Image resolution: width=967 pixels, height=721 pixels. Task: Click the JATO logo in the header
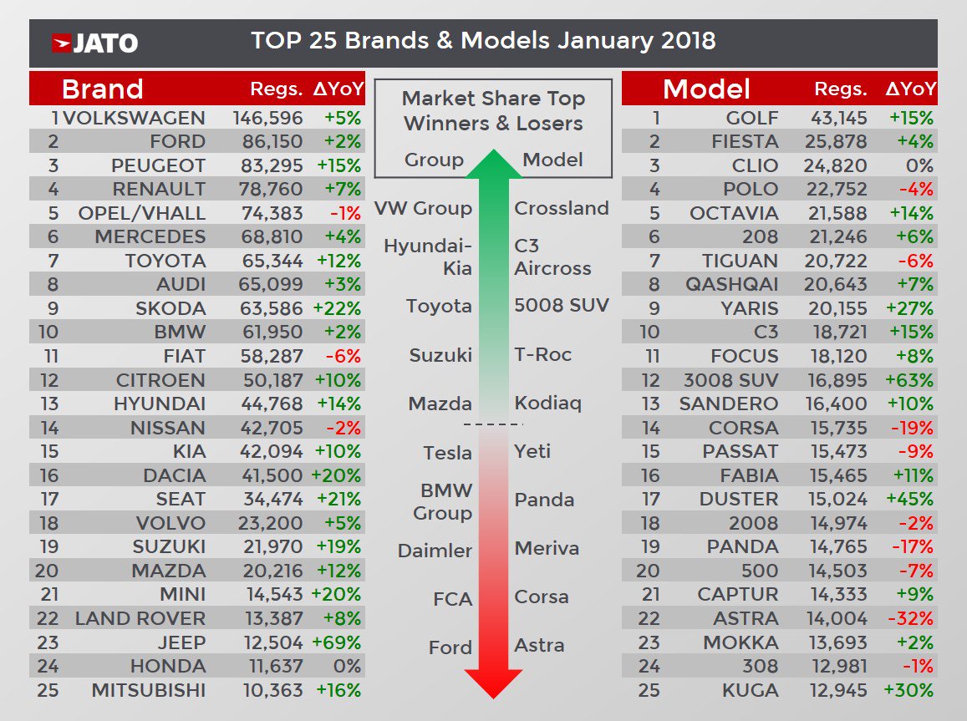click(x=95, y=43)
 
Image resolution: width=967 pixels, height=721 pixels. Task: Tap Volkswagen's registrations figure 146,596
click(x=267, y=118)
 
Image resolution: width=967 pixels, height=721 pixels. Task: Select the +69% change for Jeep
click(x=337, y=642)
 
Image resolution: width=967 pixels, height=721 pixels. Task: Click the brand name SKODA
click(x=170, y=308)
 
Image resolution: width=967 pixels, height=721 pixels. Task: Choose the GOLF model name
click(x=751, y=118)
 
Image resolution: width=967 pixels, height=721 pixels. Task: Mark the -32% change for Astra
click(x=910, y=618)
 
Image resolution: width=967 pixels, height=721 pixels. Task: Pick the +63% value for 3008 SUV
click(x=909, y=379)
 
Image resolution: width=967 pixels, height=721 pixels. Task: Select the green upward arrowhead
click(x=493, y=163)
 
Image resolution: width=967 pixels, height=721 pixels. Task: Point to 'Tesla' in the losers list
click(x=447, y=453)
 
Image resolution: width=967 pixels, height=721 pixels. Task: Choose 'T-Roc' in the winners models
click(x=542, y=354)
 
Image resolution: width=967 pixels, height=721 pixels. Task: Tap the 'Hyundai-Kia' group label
click(x=428, y=257)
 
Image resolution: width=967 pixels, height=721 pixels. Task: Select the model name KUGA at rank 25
click(x=751, y=690)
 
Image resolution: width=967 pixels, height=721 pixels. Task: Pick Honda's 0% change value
click(x=347, y=666)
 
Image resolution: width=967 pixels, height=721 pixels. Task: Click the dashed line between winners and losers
click(x=493, y=424)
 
